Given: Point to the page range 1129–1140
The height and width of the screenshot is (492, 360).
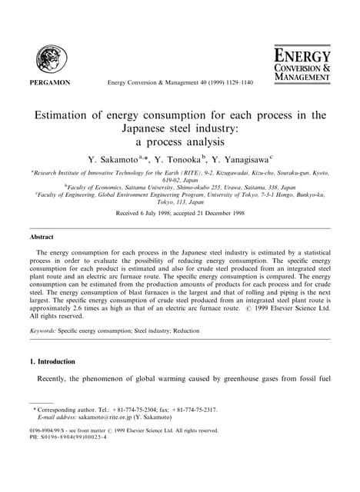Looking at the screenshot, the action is pyautogui.click(x=234, y=81).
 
